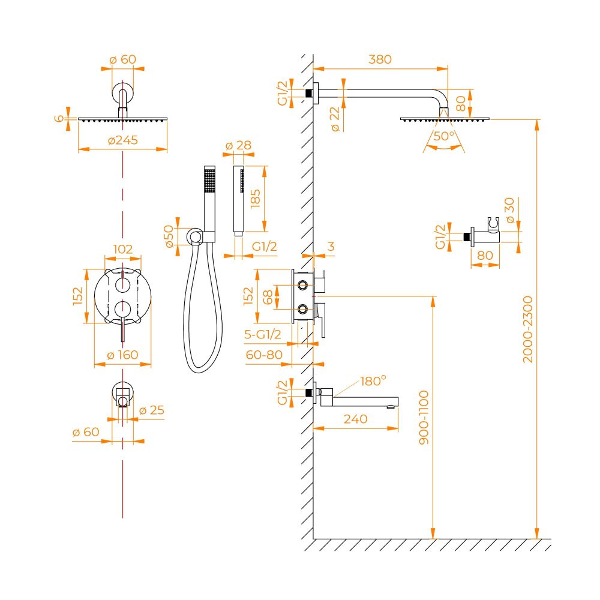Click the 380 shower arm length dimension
pos(380,59)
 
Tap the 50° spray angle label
pos(444,136)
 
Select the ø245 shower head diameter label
pos(123,140)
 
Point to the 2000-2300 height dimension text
pos(527,329)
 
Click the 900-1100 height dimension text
pos(424,417)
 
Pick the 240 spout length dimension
pos(355,419)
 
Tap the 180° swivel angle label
pos(373,381)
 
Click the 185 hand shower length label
pos(255,199)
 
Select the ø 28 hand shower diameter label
pos(238,145)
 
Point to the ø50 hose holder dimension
pos(169,237)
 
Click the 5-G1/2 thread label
pos(263,334)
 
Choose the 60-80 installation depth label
pos(264,355)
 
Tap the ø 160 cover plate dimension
pos(123,355)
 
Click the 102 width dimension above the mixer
pos(123,249)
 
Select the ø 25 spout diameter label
pos(152,410)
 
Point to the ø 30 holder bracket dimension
pos(509,210)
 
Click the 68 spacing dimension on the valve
pos(268,297)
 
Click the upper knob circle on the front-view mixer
pos(122,284)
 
